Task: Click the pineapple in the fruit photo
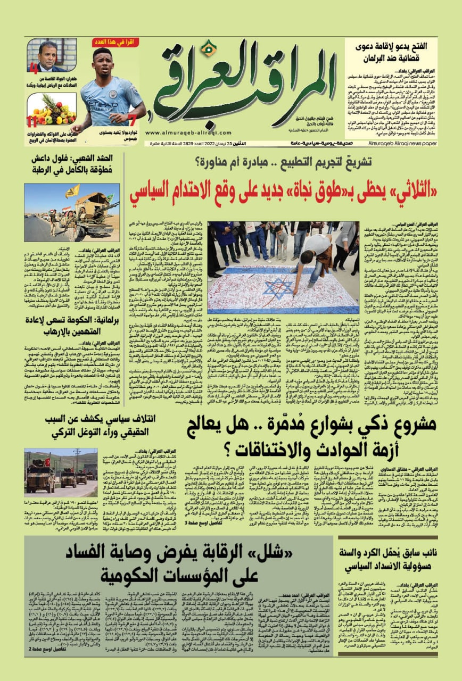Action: (47, 102)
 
